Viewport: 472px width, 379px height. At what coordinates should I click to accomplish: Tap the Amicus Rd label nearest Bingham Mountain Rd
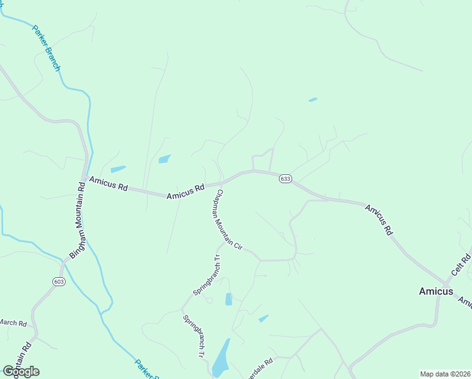coord(109,184)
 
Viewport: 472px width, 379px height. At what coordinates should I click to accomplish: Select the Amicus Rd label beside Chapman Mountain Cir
coord(186,191)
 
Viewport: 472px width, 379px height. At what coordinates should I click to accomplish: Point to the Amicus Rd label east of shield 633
coord(379,220)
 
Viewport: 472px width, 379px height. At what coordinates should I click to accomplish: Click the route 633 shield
coord(285,179)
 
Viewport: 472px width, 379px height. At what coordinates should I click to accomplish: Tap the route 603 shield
coord(59,281)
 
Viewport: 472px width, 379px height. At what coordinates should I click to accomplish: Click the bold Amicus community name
coord(436,291)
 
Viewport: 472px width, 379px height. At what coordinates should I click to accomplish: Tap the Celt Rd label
coord(461,264)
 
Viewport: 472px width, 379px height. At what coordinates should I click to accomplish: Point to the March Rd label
coord(13,323)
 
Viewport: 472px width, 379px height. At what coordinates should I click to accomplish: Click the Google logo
coord(21,371)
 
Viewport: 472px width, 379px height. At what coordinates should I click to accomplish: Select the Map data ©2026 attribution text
coord(445,373)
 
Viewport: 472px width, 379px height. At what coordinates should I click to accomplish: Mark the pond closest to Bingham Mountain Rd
coord(118,169)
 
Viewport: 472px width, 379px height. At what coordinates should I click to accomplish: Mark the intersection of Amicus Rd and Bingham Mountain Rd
coord(84,179)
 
